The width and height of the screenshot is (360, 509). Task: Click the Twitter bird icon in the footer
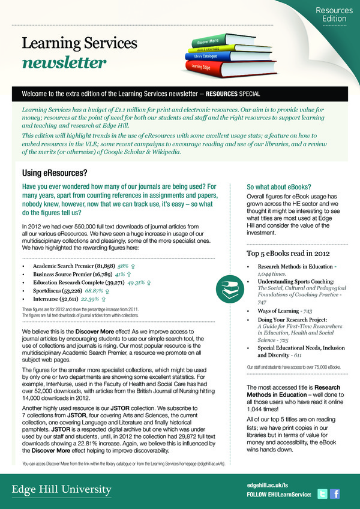[322, 494]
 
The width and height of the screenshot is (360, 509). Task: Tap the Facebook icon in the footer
[335, 494]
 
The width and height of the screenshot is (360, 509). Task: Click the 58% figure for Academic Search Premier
[122, 264]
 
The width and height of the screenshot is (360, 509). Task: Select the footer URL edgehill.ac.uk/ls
[268, 483]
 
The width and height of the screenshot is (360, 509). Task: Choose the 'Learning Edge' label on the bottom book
[201, 67]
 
